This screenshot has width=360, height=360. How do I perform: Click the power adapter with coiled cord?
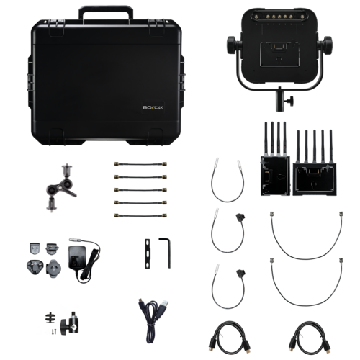79,258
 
